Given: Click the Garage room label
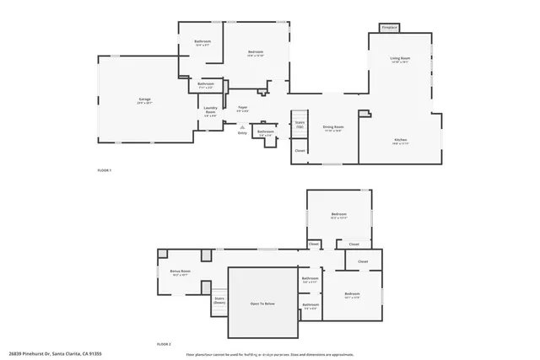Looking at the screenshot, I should pyautogui.click(x=145, y=100).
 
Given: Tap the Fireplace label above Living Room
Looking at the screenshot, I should pyautogui.click(x=389, y=28).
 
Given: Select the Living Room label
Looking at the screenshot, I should pyautogui.click(x=399, y=58).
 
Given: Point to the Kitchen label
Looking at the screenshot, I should pyautogui.click(x=401, y=140).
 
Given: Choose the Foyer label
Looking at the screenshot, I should pyautogui.click(x=242, y=108).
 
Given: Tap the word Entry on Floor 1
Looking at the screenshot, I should pyautogui.click(x=242, y=132).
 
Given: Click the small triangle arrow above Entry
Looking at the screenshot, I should pyautogui.click(x=242, y=126).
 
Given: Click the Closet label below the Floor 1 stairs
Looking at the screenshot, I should pyautogui.click(x=300, y=151).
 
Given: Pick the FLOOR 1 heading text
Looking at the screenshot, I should pyautogui.click(x=105, y=171).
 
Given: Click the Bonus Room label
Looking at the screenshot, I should pyautogui.click(x=181, y=272).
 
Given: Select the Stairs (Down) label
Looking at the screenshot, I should pyautogui.click(x=219, y=299).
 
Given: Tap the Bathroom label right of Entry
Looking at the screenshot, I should pyautogui.click(x=266, y=132).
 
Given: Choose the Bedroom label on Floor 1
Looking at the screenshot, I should pyautogui.click(x=256, y=54).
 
